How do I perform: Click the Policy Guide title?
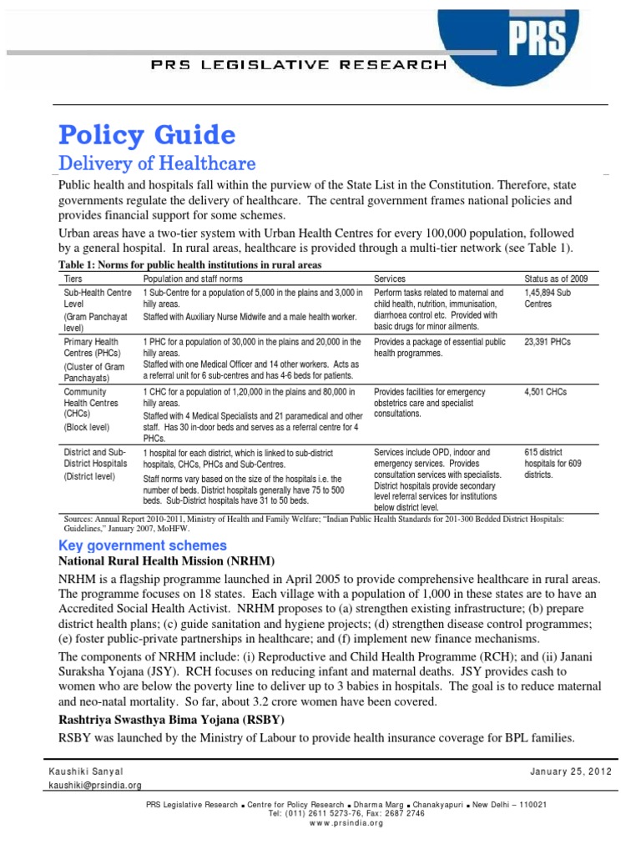point(145,134)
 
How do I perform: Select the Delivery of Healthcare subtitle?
point(155,163)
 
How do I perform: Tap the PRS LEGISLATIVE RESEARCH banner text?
point(292,64)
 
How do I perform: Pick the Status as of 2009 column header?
point(555,278)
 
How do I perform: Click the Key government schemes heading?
point(142,545)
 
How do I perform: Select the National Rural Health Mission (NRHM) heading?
point(166,562)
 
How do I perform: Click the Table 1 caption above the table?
point(189,264)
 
